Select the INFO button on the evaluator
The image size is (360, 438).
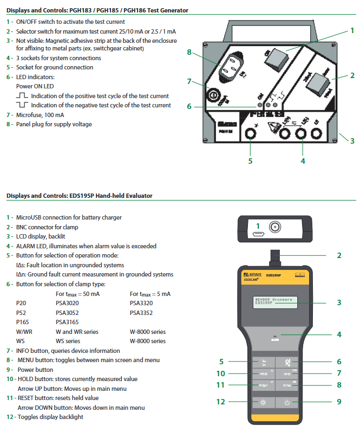coord(287,373)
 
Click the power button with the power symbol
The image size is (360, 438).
coord(287,402)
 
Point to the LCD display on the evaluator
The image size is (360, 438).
coord(276,302)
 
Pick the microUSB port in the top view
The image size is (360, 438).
coord(259,234)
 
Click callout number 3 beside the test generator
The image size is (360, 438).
coord(352,141)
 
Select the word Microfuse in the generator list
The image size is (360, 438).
coord(29,115)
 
